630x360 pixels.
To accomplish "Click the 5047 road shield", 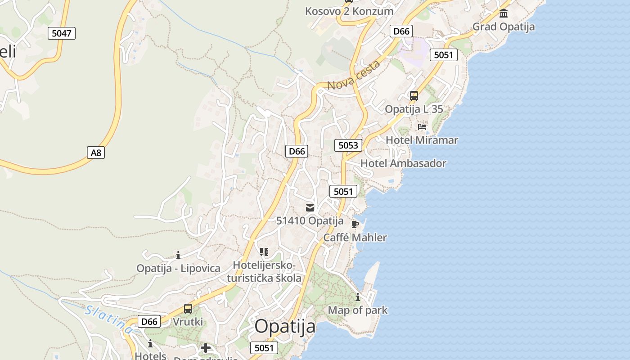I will tap(62, 33).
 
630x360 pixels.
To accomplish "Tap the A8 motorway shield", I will tap(96, 153).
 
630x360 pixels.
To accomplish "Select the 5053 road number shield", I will tap(348, 145).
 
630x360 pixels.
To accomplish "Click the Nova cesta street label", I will tap(354, 75).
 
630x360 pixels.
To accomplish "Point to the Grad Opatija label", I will tap(504, 27).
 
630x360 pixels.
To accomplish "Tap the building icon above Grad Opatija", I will tap(504, 13).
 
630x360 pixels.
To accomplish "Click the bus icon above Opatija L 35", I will tap(414, 96).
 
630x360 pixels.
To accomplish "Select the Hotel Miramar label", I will tap(422, 140).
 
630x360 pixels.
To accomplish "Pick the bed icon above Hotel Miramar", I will tap(422, 127).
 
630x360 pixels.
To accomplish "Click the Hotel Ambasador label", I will tap(403, 163).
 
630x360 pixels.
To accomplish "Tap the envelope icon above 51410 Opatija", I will tap(310, 207).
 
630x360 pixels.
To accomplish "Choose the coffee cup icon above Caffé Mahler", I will tap(355, 224).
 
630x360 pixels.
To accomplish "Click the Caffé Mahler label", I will tap(355, 237).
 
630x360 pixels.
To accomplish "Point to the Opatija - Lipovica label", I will tap(179, 268).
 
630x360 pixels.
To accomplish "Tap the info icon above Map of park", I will tap(358, 297).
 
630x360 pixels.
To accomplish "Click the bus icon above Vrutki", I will tap(188, 309).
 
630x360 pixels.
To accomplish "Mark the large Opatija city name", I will tap(285, 326).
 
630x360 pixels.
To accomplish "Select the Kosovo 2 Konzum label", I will tap(349, 11).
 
